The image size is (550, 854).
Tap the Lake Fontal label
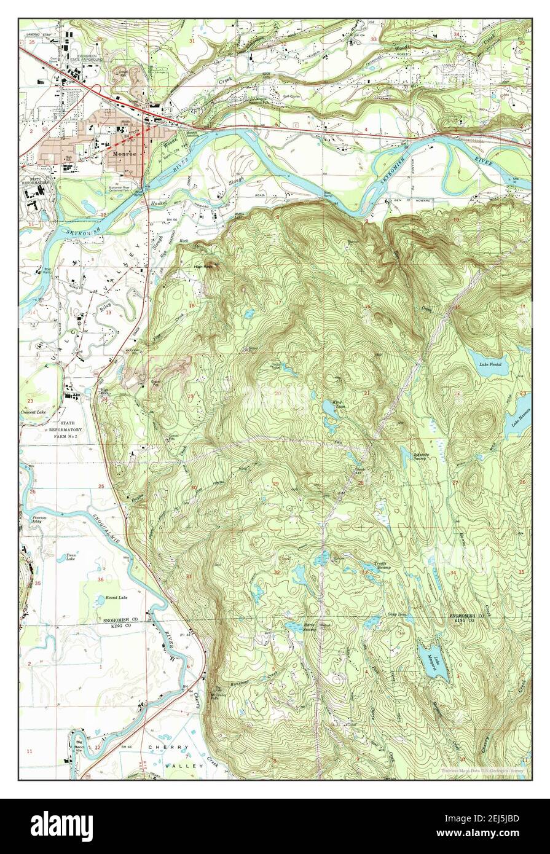pos(490,364)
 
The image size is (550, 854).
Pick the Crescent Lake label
pos(34,412)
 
